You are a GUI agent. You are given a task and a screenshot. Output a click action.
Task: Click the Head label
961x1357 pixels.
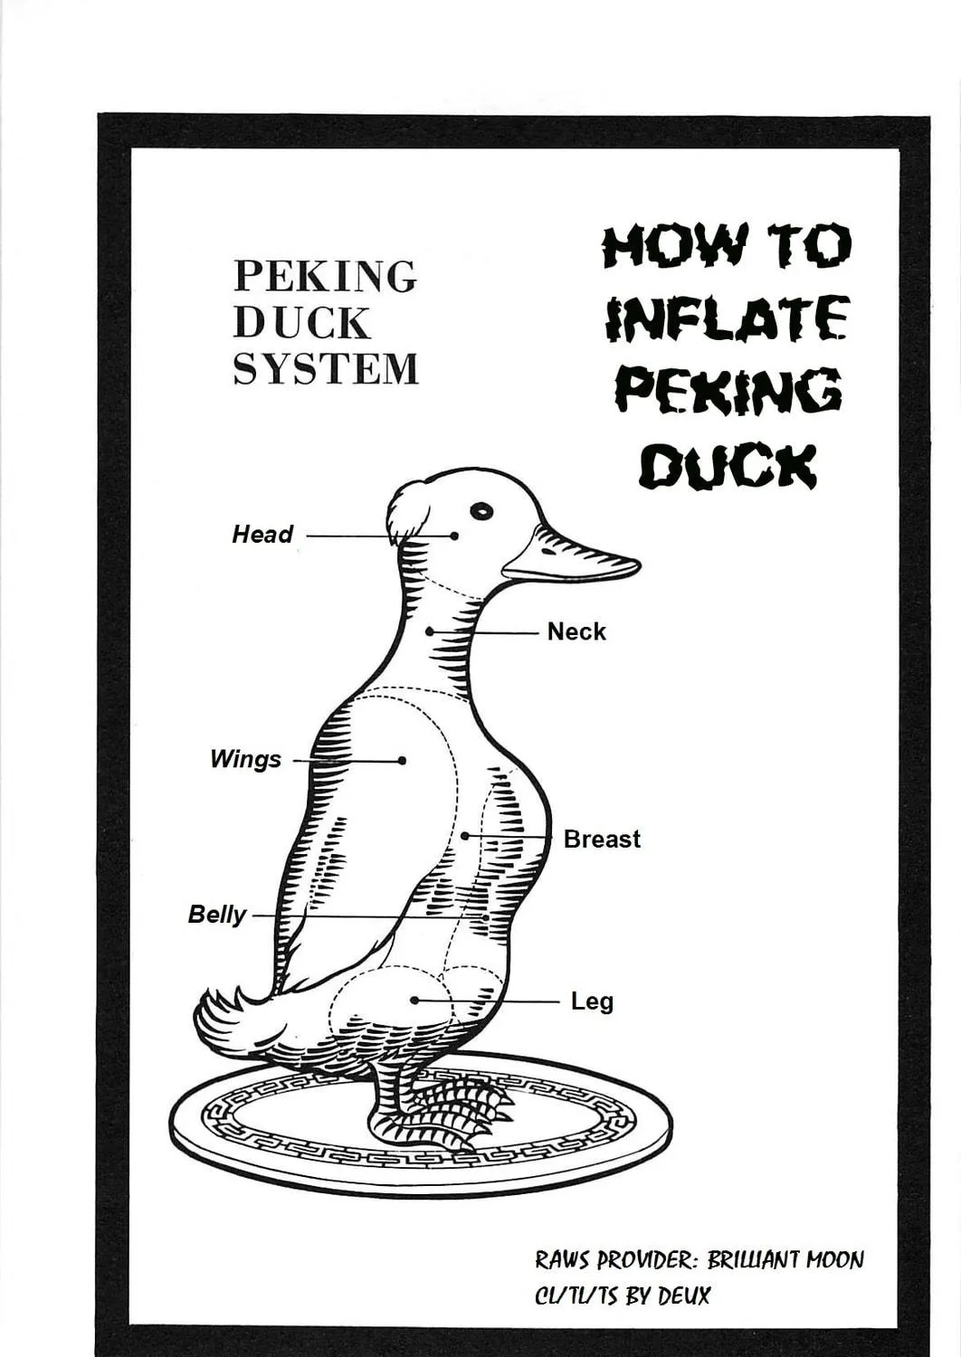tap(262, 535)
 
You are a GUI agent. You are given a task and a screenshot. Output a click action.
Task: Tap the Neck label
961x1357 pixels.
tap(576, 631)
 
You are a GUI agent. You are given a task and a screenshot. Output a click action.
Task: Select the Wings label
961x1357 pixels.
tap(245, 760)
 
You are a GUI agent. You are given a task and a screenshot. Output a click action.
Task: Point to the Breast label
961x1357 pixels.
tap(602, 839)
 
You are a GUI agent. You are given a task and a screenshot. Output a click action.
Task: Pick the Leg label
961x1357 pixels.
tap(592, 1002)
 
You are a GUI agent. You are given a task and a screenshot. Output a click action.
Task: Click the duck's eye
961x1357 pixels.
tap(481, 511)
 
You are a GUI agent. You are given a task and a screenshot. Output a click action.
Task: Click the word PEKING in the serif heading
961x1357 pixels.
tap(326, 276)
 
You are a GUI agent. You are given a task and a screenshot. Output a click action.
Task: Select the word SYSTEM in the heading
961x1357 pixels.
tap(326, 369)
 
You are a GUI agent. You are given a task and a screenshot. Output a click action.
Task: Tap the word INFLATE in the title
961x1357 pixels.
tap(726, 318)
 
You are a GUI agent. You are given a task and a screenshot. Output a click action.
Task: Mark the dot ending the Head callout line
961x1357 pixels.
tap(454, 536)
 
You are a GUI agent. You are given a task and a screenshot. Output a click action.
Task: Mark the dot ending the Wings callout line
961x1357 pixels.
tap(402, 760)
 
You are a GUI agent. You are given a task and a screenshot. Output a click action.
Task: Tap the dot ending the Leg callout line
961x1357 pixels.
tap(415, 1001)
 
